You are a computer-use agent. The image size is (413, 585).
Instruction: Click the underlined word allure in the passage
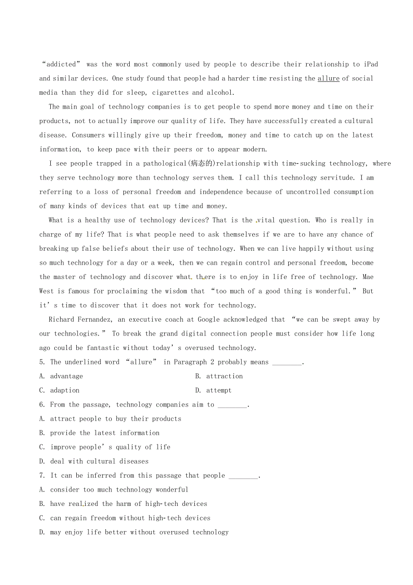[x=328, y=79]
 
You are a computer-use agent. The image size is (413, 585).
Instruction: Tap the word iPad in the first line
[x=371, y=64]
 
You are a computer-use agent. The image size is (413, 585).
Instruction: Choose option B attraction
[x=224, y=376]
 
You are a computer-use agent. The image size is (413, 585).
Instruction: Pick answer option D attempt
[x=219, y=390]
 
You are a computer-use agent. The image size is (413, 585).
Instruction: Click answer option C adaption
[x=65, y=390]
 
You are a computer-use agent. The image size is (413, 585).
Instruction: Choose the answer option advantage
[x=66, y=376]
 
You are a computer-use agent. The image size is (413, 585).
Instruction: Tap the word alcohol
[x=220, y=93]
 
